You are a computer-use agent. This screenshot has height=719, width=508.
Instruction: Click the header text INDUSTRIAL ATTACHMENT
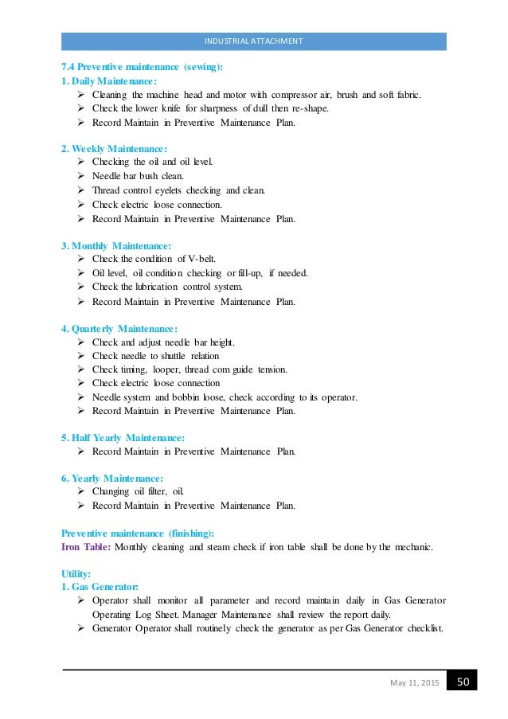coord(254,41)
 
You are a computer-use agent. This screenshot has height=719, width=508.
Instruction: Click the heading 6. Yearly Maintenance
coord(112,478)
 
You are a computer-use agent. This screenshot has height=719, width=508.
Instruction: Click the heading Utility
coord(76,573)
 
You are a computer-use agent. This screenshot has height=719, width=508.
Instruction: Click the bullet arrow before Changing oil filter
coord(81,491)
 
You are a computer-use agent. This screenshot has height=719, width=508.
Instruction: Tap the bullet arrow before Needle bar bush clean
coord(81,176)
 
